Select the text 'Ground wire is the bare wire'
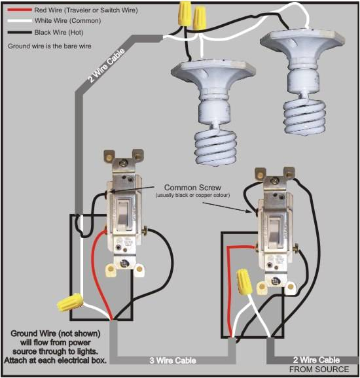tap(49, 46)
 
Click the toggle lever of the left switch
tap(122, 213)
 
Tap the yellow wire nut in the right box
tap(243, 282)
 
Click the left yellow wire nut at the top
tap(184, 12)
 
